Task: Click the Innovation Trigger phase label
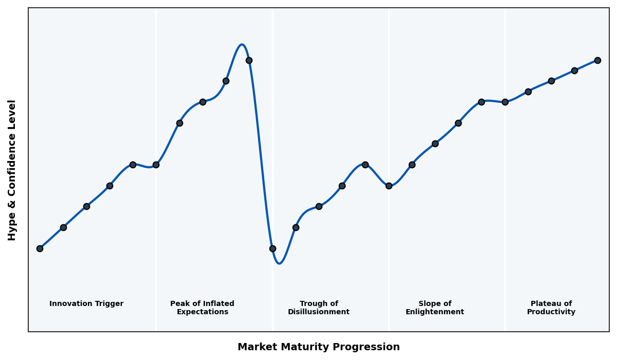point(86,304)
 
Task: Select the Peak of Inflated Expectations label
point(202,308)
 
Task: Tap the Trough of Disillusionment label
point(319,308)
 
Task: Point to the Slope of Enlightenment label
point(434,308)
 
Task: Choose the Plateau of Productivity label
point(551,308)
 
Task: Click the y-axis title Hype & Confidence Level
point(12,170)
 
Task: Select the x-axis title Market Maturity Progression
point(318,347)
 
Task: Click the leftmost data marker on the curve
point(40,248)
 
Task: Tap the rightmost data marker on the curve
point(597,60)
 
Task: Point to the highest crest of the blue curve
point(242,45)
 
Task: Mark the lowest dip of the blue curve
point(279,263)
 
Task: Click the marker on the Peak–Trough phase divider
point(273,248)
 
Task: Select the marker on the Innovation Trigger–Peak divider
point(156,165)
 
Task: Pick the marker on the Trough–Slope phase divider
point(389,186)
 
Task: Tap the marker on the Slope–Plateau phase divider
point(505,102)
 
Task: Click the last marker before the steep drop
point(249,60)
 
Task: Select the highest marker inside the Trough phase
point(365,165)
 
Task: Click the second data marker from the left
point(63,227)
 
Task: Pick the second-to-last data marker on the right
point(574,70)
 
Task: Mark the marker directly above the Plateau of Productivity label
point(551,81)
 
